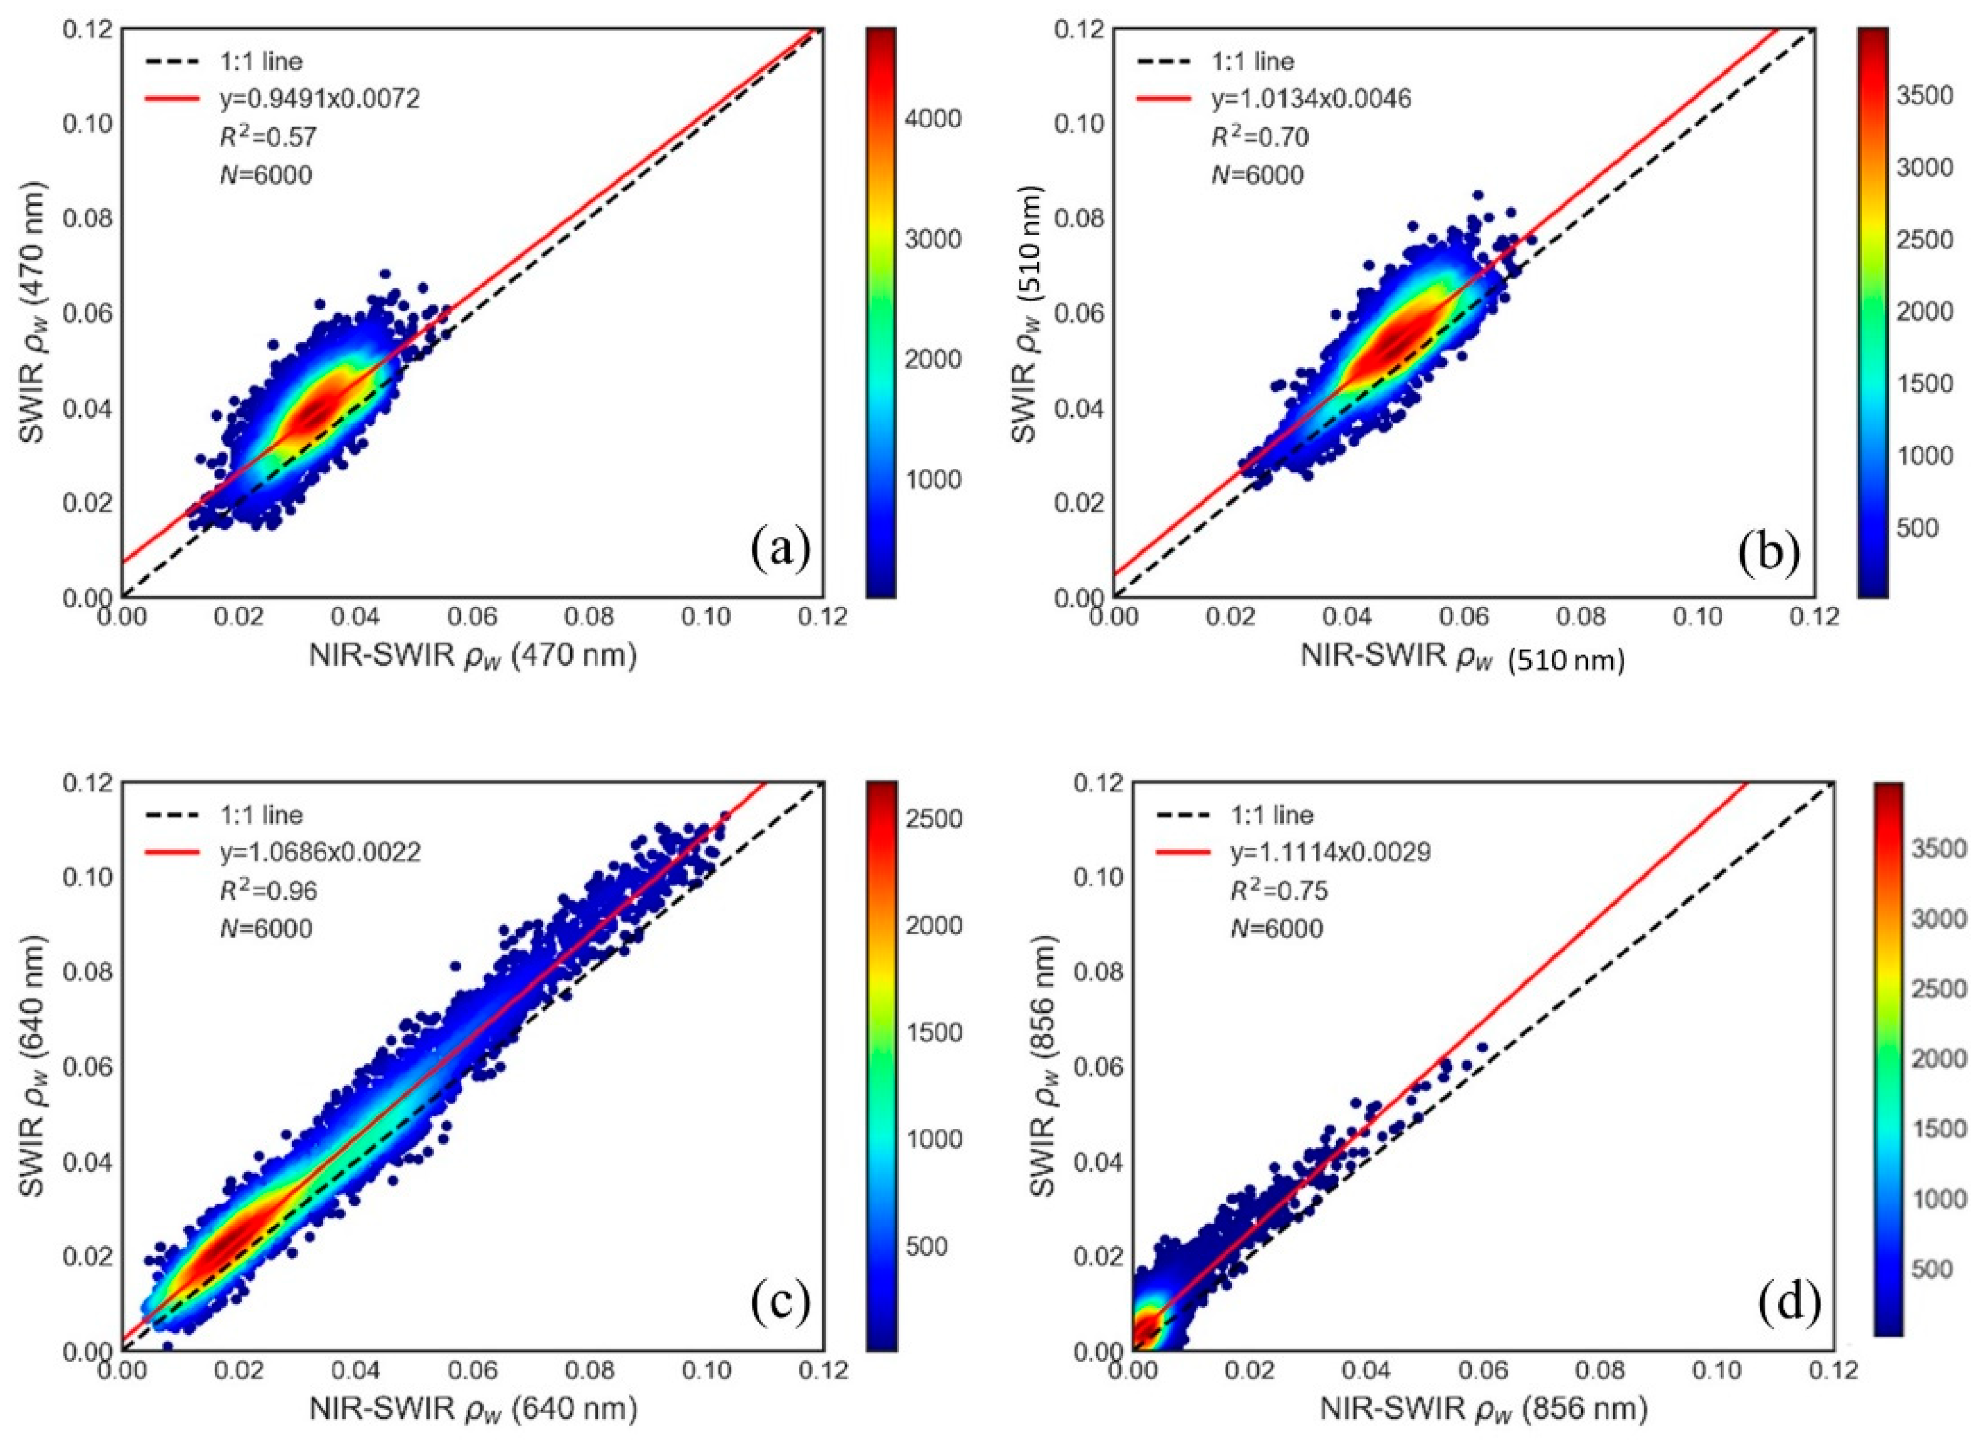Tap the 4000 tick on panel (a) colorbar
point(932,119)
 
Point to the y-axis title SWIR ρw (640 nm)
point(35,1067)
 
